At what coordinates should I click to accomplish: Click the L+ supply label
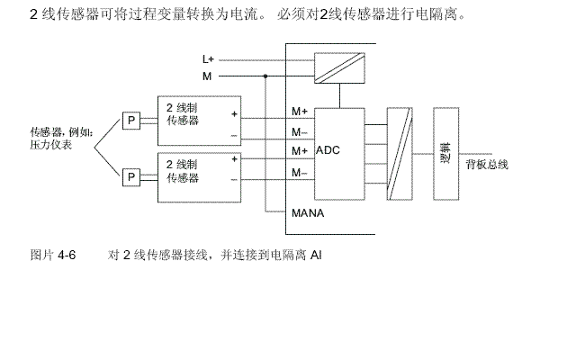[x=208, y=59]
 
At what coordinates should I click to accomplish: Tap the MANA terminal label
[x=306, y=213]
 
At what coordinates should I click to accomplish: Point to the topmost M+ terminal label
[x=301, y=112]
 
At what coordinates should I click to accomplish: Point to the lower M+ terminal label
[x=301, y=150]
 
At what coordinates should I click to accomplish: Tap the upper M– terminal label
[x=300, y=131]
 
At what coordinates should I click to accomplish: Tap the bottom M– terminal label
[x=300, y=171]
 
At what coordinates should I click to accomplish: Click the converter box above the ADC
[x=338, y=67]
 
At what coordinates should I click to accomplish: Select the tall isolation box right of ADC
[x=398, y=153]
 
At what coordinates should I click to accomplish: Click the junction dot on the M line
[x=265, y=76]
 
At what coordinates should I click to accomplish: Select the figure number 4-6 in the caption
[x=67, y=256]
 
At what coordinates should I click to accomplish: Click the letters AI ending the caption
[x=316, y=256]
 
